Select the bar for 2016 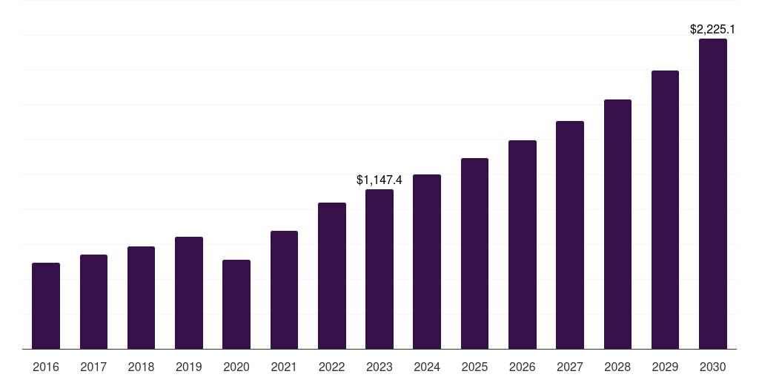point(46,306)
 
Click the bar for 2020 point(236,304)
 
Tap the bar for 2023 point(379,269)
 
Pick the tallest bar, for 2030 point(713,194)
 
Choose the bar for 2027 point(570,235)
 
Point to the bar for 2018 point(141,298)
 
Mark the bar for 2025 point(474,253)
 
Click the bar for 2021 point(284,289)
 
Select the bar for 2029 point(665,209)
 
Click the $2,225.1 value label point(712,30)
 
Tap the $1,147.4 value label point(379,180)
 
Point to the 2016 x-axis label point(46,367)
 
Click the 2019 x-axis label point(189,367)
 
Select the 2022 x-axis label point(331,367)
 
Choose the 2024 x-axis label point(427,367)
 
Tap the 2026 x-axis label point(523,367)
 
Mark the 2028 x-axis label point(617,367)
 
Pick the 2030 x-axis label point(713,367)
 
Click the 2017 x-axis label point(93,367)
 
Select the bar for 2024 point(427,261)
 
